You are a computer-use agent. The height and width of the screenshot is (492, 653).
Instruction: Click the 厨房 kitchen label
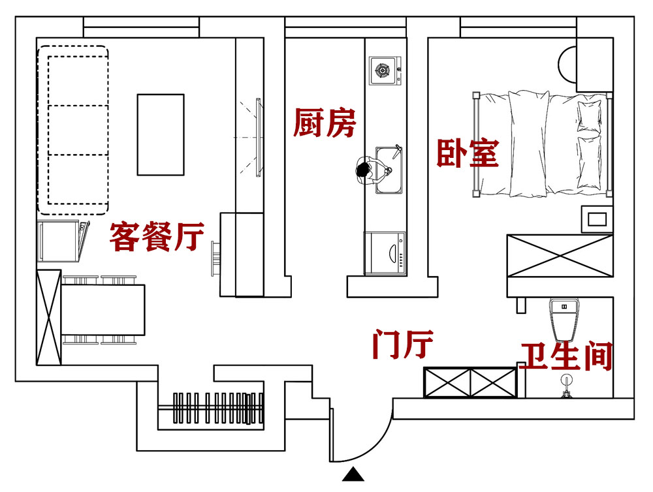325,123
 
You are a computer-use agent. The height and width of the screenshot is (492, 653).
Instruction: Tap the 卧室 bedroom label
468,153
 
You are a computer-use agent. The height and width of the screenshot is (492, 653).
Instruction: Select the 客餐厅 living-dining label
157,236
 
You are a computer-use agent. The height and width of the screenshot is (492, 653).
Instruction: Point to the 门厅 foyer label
402,344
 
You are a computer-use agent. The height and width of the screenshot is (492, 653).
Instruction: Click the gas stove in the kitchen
384,70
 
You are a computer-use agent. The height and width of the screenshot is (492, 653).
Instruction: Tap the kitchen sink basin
390,170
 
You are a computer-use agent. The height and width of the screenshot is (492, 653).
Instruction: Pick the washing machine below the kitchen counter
385,253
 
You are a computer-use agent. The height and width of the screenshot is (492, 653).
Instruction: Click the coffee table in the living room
160,134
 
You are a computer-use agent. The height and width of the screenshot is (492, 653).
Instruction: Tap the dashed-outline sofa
72,129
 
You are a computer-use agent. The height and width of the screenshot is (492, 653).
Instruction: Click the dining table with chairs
103,309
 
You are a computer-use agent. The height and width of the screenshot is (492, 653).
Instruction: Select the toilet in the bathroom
565,318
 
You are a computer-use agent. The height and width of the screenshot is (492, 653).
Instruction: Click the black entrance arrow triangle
353,474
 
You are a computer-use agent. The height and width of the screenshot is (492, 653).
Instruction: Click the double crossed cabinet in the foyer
470,382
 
